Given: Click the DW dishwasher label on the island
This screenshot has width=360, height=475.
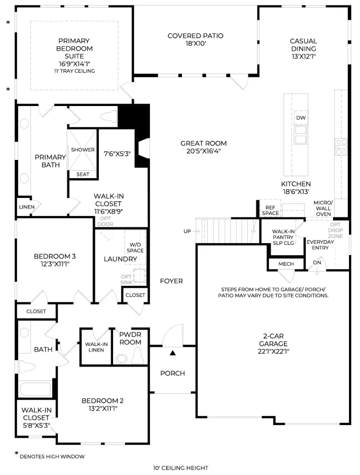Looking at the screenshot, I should click(x=301, y=118).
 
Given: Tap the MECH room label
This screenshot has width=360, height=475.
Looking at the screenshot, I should click(x=286, y=264).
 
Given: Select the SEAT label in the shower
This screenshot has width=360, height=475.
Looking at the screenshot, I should click(x=83, y=174).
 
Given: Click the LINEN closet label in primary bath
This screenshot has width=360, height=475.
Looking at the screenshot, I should click(x=24, y=206).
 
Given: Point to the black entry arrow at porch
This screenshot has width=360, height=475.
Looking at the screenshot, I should click(x=173, y=353).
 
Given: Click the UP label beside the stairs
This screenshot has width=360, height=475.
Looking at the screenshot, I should click(x=188, y=231).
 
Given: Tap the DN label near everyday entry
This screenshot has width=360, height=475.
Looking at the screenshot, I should click(x=318, y=262).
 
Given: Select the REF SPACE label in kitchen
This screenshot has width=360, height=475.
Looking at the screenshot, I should click(x=270, y=210).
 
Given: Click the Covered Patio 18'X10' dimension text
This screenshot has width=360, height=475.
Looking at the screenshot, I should click(x=195, y=44).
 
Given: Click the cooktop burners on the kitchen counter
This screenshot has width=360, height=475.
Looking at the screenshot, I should click(x=341, y=147).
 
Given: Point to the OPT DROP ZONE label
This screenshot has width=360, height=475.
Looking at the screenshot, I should click(x=335, y=230).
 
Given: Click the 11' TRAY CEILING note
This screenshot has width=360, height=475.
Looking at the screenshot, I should click(x=74, y=71).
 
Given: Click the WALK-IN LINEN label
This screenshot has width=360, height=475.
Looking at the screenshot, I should click(x=96, y=347).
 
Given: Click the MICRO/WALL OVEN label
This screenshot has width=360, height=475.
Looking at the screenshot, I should click(x=323, y=208).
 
